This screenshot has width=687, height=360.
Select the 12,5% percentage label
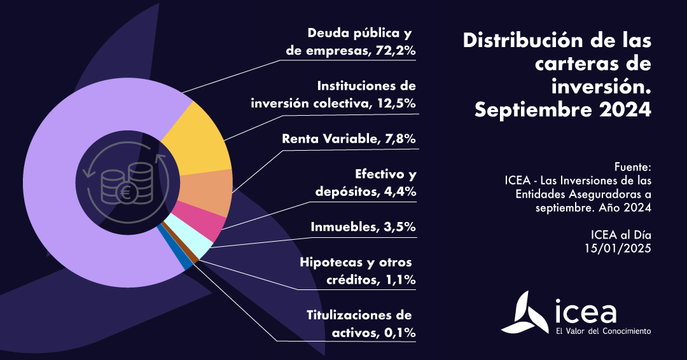pos(394,104)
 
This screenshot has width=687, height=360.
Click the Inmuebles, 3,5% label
pos(363,226)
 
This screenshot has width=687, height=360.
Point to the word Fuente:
pos(633,167)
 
